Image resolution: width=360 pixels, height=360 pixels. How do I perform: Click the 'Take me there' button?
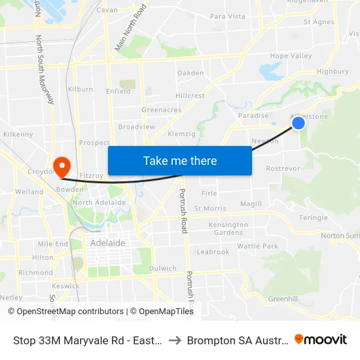click(180, 160)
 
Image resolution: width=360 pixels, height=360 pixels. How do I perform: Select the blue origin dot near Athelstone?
click(298, 122)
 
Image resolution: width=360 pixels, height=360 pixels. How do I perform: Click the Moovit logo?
click(321, 340)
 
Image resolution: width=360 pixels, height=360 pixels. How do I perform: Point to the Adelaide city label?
click(107, 243)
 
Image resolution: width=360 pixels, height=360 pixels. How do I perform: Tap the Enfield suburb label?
click(118, 92)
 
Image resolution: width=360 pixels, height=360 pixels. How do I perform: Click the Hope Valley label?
click(291, 56)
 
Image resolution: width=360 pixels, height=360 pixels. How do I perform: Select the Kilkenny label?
click(18, 134)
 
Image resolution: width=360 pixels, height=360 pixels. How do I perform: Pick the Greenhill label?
click(283, 298)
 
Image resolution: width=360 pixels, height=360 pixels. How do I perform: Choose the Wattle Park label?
click(257, 246)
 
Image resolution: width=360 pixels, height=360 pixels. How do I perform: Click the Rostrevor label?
click(283, 168)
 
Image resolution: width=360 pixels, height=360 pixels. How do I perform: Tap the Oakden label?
click(190, 73)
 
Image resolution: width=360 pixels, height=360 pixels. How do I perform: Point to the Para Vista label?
click(227, 16)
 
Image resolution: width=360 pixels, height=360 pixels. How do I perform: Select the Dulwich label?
click(162, 268)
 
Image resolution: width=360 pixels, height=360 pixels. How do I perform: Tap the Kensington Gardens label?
click(228, 228)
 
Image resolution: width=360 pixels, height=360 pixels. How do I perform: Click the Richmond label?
click(36, 273)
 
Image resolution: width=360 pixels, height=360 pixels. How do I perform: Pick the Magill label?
click(251, 204)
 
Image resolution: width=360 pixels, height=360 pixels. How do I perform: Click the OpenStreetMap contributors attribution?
click(66, 312)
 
